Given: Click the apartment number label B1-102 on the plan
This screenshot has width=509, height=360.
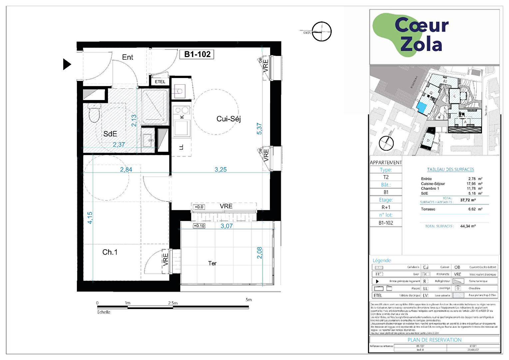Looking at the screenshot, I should [x=198, y=54].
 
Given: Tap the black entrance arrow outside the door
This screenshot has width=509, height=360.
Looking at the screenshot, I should [x=67, y=64].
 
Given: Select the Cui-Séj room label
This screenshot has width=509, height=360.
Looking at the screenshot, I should [x=228, y=119].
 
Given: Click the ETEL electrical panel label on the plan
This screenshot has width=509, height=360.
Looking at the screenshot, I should [x=160, y=82].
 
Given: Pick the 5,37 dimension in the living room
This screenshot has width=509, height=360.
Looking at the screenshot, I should [x=259, y=129].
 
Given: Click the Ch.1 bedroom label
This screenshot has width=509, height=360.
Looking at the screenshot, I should [x=110, y=252].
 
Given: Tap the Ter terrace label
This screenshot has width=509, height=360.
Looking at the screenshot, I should [x=212, y=263].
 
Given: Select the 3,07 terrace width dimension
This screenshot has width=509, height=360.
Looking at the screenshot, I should [x=227, y=226].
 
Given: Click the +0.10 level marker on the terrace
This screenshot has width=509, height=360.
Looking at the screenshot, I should [x=199, y=226].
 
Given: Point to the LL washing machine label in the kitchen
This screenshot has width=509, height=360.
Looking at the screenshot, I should [x=182, y=147].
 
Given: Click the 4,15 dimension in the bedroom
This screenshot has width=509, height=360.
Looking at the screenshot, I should [x=90, y=218].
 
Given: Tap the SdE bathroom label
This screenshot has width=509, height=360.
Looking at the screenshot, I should [x=110, y=134].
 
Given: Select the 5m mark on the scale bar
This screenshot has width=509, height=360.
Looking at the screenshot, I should [x=249, y=300].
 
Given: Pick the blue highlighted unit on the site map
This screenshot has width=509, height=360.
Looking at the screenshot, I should [x=421, y=108].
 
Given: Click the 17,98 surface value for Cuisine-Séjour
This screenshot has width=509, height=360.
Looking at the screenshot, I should [x=471, y=184].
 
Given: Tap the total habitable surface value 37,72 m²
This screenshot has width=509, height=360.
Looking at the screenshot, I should [x=468, y=200].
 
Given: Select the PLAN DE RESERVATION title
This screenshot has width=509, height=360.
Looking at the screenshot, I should [x=434, y=340].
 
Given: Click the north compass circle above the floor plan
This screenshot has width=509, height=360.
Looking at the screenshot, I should [x=321, y=32].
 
